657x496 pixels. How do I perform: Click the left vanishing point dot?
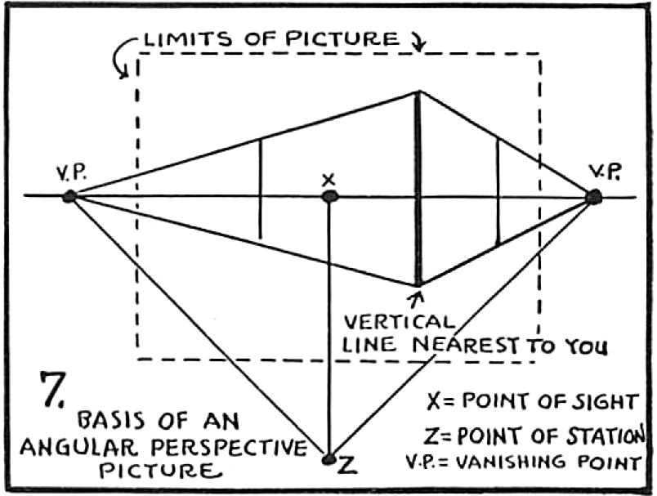(x=69, y=196)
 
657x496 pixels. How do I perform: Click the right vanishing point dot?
(x=594, y=196)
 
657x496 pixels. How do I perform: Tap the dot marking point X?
(x=329, y=196)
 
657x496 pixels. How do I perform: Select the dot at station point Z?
(x=328, y=459)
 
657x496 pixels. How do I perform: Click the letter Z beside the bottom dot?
(x=346, y=465)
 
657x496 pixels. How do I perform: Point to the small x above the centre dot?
(x=328, y=178)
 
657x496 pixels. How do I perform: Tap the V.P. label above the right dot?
(x=604, y=172)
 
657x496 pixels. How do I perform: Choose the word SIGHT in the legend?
(x=607, y=401)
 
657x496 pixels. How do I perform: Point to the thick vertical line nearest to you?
(x=418, y=188)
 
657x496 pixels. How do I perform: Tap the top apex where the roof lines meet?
(x=418, y=92)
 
